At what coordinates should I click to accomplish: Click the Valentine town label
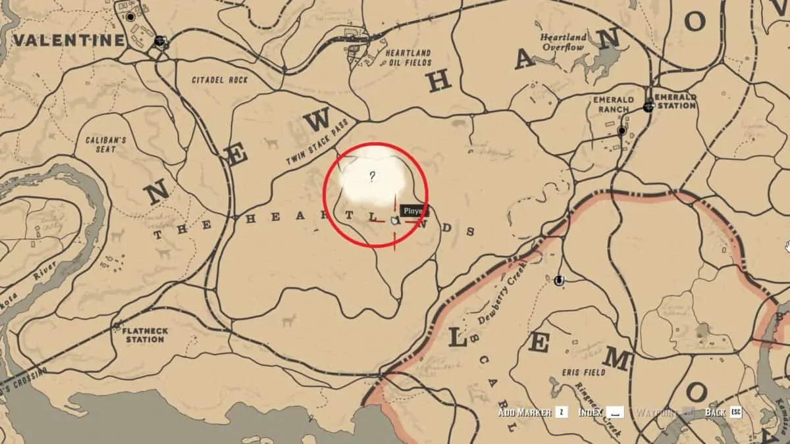pyautogui.click(x=68, y=41)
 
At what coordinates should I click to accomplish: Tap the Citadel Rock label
pyautogui.click(x=220, y=80)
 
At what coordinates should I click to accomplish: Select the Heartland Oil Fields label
pyautogui.click(x=408, y=58)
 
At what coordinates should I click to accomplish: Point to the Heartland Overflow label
pyautogui.click(x=562, y=43)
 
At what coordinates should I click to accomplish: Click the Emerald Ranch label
pyautogui.click(x=613, y=105)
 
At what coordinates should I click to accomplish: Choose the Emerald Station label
pyautogui.click(x=675, y=101)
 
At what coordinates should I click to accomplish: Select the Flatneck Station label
pyautogui.click(x=143, y=335)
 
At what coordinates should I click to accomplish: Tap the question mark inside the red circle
pyautogui.click(x=372, y=176)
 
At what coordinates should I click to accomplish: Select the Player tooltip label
pyautogui.click(x=413, y=211)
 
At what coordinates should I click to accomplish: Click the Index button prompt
pyautogui.click(x=599, y=412)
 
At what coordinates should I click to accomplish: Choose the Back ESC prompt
pyautogui.click(x=723, y=412)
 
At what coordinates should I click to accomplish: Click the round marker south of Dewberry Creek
pyautogui.click(x=559, y=281)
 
